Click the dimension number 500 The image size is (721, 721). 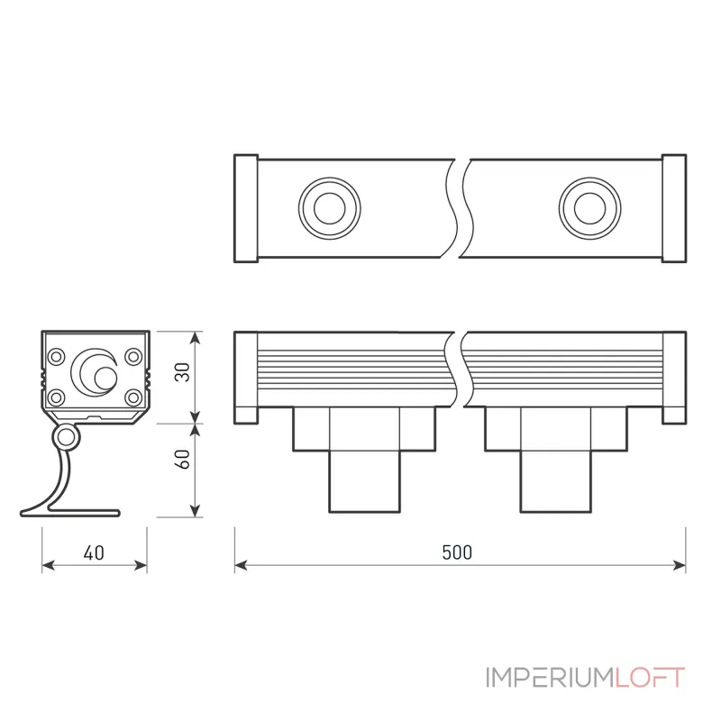(x=457, y=552)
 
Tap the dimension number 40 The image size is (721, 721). (x=94, y=552)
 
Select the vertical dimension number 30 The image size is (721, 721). (x=183, y=372)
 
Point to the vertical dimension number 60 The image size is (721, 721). (x=183, y=459)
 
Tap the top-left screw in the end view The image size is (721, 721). (x=57, y=356)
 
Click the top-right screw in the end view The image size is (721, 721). (x=133, y=356)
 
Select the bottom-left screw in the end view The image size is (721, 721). (x=57, y=397)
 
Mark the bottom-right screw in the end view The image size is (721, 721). (x=133, y=397)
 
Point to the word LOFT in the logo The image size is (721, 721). (x=650, y=678)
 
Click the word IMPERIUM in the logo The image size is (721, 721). (x=551, y=678)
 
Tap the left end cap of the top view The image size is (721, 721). (x=246, y=208)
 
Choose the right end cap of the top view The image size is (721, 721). (x=674, y=208)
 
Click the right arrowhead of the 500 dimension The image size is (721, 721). (x=680, y=566)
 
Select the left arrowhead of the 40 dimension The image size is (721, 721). (x=48, y=566)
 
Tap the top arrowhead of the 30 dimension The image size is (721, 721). (x=196, y=337)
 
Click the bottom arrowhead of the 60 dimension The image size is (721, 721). (x=196, y=510)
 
